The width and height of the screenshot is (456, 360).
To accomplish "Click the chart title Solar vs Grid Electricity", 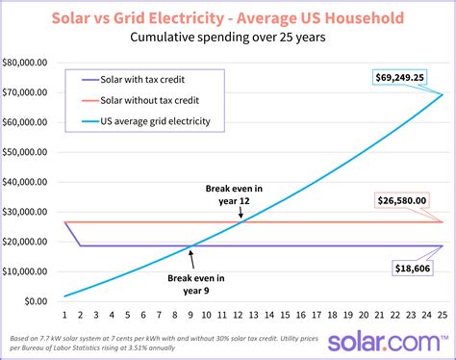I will tap(228, 17).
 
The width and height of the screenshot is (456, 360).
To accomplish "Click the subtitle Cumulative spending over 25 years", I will tap(228, 39).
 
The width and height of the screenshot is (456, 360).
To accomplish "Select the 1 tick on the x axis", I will tap(64, 315).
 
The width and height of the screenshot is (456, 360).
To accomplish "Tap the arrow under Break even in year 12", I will tap(241, 213).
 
